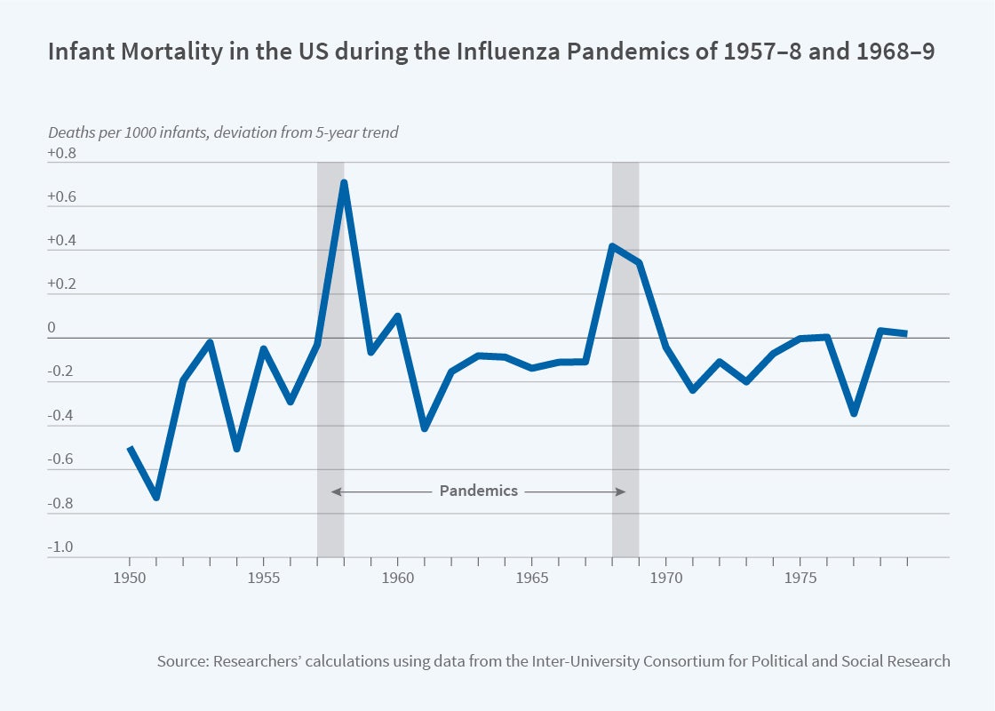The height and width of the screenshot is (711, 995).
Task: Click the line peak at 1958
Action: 344,183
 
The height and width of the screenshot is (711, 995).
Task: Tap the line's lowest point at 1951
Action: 156,497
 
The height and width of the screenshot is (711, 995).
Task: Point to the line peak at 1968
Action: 612,246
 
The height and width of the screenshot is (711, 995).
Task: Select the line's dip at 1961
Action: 425,428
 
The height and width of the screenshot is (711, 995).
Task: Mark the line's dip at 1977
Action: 854,413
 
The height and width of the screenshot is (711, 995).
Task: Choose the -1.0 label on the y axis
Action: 62,547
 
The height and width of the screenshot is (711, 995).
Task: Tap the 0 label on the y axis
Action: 52,329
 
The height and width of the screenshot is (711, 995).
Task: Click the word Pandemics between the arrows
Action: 478,491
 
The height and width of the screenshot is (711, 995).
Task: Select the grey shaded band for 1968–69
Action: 625,400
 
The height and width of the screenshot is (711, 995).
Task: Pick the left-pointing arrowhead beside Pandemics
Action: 336,491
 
